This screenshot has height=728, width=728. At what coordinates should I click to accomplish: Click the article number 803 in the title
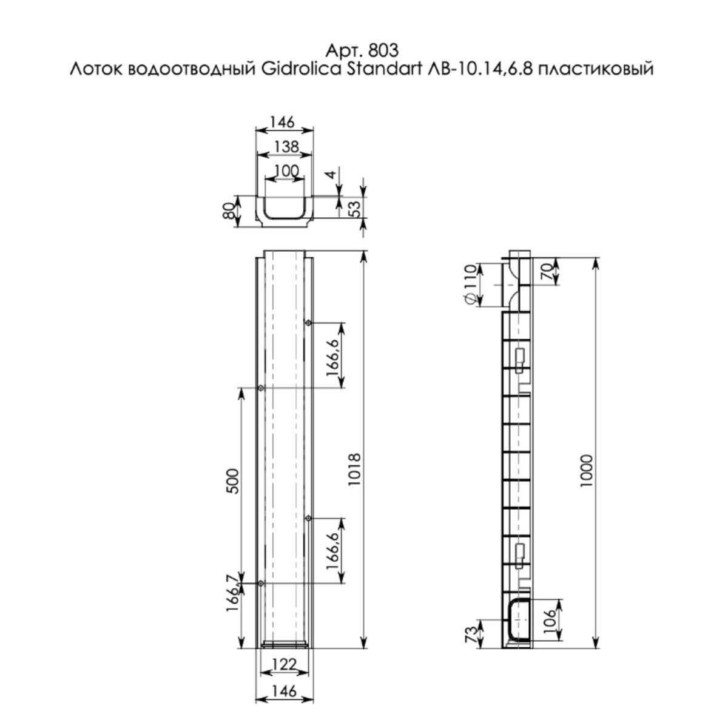(x=383, y=50)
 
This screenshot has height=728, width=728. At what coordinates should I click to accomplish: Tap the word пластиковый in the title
(x=595, y=70)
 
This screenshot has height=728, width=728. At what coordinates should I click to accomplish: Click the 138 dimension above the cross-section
(x=287, y=147)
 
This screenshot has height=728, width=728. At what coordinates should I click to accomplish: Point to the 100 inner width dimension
(x=287, y=171)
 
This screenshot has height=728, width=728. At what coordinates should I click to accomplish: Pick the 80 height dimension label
(x=229, y=211)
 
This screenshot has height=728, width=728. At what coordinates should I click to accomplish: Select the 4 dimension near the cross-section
(x=331, y=175)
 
